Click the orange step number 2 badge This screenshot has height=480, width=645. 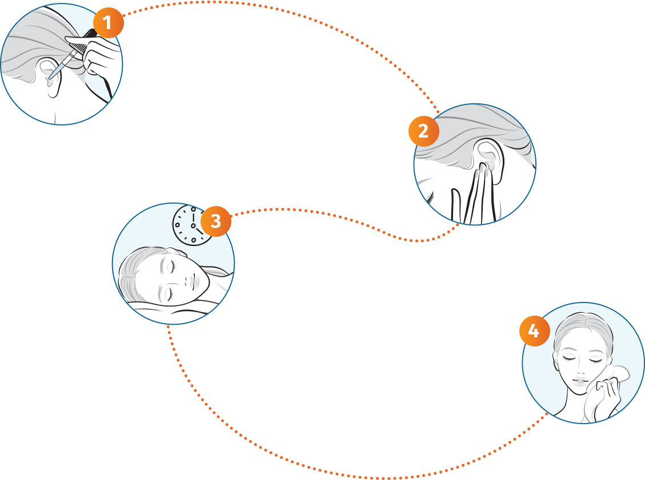(423, 131)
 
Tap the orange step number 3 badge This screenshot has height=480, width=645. (215, 221)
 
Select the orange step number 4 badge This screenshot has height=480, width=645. (534, 331)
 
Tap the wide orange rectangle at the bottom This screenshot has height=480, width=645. (322, 452)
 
